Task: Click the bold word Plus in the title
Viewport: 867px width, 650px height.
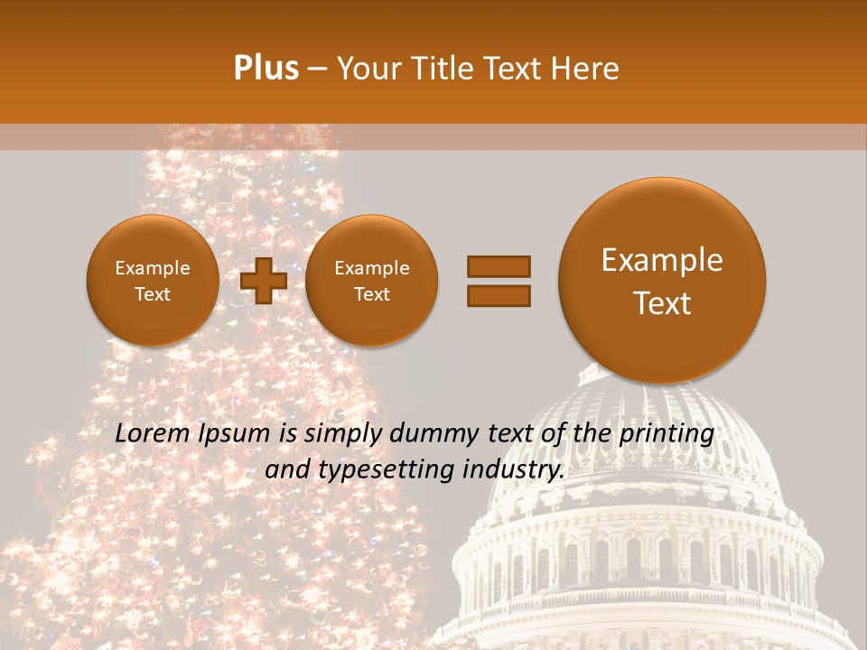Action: point(266,68)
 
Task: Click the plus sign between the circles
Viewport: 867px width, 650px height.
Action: point(264,281)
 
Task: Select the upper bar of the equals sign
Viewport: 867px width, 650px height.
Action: point(498,266)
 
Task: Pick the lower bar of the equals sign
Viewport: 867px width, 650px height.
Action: point(498,295)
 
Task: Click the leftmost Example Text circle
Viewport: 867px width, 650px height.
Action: point(152,281)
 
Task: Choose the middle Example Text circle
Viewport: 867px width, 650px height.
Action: point(371,281)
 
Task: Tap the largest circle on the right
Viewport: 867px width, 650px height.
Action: point(662,281)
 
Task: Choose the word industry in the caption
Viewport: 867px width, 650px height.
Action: point(517,469)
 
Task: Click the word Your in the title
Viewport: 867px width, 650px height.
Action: point(365,68)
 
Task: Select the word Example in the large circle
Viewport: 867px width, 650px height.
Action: point(662,260)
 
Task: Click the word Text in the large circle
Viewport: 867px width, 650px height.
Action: point(662,303)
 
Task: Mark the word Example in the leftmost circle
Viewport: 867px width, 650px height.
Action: point(152,268)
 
